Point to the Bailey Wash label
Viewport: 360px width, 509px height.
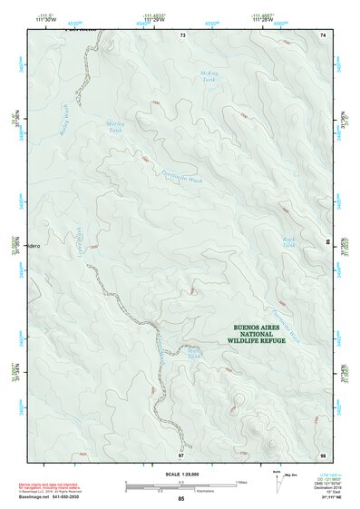[63, 119]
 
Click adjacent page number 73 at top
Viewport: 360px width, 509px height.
[182, 34]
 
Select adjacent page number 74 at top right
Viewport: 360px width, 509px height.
[322, 34]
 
